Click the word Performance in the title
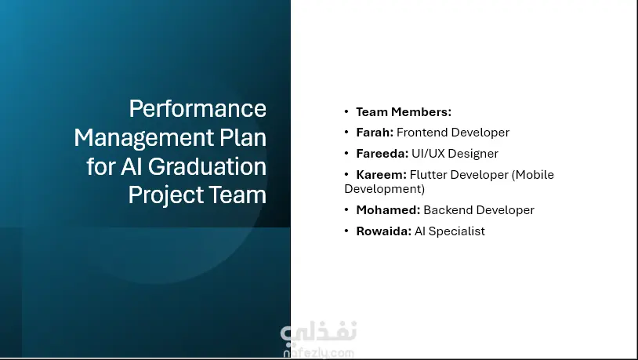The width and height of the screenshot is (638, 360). pyautogui.click(x=198, y=109)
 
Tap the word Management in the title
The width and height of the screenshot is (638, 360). pyautogui.click(x=144, y=139)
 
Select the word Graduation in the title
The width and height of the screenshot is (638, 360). pyautogui.click(x=207, y=167)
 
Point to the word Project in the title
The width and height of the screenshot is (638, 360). pyautogui.click(x=165, y=195)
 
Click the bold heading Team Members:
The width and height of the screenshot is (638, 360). pyautogui.click(x=404, y=112)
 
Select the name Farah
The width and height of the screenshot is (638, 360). pyautogui.click(x=375, y=133)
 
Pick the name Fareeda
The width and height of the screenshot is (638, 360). pyautogui.click(x=382, y=154)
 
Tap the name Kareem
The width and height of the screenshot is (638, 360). pyautogui.click(x=381, y=175)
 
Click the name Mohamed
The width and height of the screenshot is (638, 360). pyautogui.click(x=388, y=209)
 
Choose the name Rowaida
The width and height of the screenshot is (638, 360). pyautogui.click(x=384, y=231)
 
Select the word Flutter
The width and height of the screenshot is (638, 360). pyautogui.click(x=426, y=175)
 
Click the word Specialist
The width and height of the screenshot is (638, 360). pyautogui.click(x=456, y=231)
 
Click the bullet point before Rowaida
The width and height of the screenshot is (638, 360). pyautogui.click(x=346, y=231)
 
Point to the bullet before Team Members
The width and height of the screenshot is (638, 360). pyautogui.click(x=346, y=111)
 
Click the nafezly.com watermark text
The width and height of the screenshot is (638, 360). pyautogui.click(x=318, y=353)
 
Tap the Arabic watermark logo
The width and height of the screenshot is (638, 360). pyautogui.click(x=318, y=332)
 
